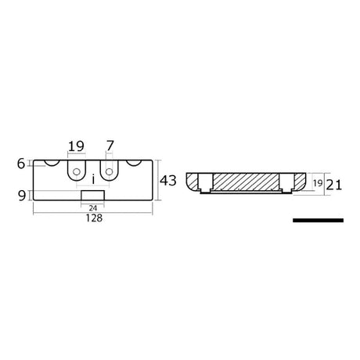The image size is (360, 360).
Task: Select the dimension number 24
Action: point(92,207)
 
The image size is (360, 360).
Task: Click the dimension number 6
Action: point(20,164)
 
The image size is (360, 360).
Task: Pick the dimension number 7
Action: point(110,146)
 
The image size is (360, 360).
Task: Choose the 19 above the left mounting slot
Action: point(76,146)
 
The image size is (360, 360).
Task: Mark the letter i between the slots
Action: point(93,177)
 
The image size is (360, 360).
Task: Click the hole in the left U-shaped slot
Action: point(76,169)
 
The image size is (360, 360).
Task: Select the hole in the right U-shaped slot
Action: point(110,169)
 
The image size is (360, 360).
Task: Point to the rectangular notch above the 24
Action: point(92,195)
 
